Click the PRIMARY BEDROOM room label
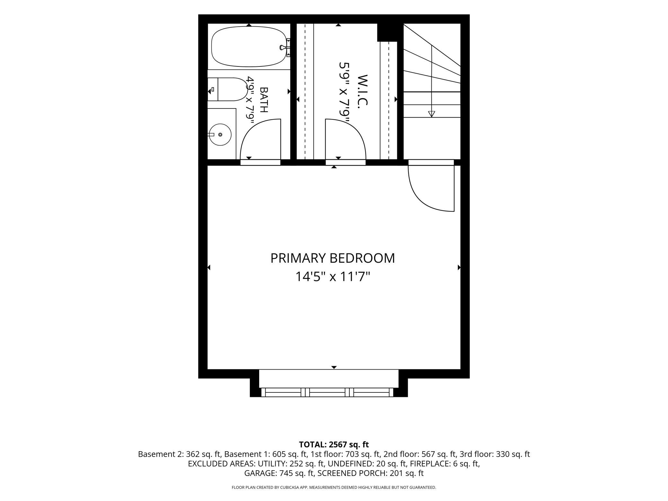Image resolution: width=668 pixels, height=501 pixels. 332,258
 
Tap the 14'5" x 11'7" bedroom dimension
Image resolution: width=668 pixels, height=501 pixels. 333,277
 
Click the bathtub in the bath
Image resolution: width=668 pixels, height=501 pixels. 249,47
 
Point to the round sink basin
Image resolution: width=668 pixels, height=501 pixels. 220,135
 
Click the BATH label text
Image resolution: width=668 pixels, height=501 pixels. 264,100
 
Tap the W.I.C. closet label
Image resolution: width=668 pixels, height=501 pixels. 362,90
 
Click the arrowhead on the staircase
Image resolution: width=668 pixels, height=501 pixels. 432,114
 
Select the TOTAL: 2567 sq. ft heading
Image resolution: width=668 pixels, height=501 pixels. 334,444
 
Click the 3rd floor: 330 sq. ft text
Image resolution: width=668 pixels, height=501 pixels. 495,454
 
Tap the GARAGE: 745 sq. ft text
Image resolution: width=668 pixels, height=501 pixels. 279,473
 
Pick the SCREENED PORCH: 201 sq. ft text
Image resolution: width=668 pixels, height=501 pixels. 371,473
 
